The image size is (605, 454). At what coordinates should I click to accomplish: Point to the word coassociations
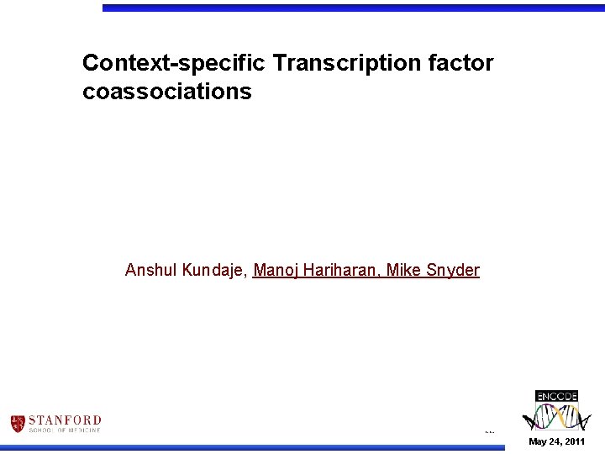coord(166,92)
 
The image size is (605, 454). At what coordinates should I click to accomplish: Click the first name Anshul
coord(150,271)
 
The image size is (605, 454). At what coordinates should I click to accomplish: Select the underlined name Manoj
coord(275,271)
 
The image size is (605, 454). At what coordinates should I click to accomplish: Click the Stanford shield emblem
coord(18,424)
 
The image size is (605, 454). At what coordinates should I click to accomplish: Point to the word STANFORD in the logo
coord(65,420)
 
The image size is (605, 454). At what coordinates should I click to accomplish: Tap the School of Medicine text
coord(65,430)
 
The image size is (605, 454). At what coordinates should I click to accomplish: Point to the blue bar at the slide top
coord(353,8)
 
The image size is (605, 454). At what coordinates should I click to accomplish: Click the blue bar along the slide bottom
coord(252,448)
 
